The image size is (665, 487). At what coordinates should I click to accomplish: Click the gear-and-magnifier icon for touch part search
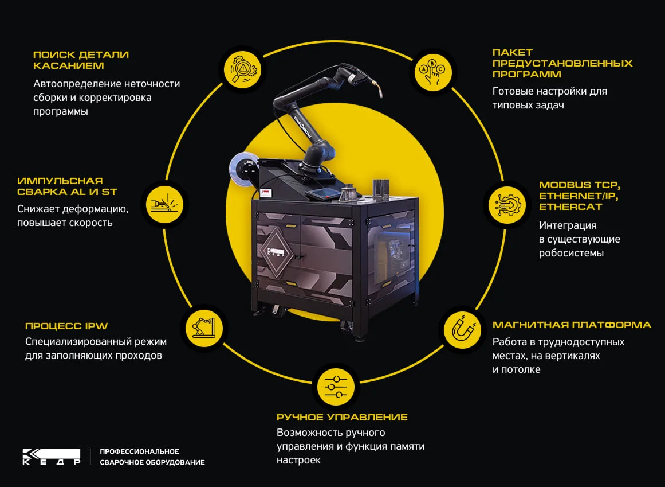click(243, 69)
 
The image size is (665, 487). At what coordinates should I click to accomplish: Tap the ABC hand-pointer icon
click(433, 72)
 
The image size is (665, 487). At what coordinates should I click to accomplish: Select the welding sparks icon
click(164, 204)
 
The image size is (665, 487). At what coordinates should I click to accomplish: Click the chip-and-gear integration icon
click(507, 205)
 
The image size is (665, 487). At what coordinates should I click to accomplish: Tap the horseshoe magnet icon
click(463, 330)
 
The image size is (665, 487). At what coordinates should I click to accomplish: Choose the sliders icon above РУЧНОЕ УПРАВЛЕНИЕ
click(336, 387)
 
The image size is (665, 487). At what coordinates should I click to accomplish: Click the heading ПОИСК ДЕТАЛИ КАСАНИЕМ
click(81, 60)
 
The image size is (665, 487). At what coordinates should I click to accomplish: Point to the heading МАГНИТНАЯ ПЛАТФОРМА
click(572, 325)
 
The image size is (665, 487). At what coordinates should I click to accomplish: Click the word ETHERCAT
click(570, 207)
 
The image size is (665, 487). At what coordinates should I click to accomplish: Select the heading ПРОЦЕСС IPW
click(66, 326)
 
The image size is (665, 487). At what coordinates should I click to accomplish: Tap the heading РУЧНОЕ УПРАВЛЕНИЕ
click(343, 418)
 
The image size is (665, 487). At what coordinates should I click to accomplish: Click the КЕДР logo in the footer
click(52, 457)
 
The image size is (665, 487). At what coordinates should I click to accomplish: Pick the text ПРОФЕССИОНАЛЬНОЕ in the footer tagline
click(140, 451)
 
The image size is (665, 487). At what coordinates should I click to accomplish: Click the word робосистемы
click(571, 253)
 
